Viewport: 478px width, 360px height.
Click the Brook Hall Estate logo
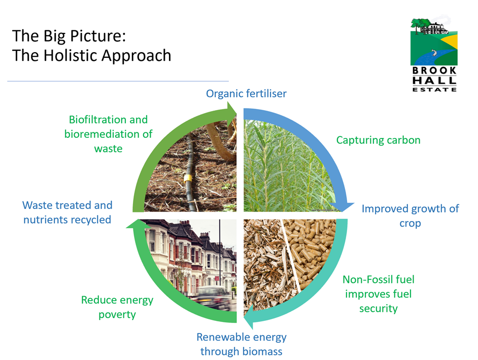click(x=434, y=54)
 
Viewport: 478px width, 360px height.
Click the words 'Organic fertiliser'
click(x=246, y=93)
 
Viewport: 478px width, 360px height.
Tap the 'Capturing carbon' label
click(x=378, y=140)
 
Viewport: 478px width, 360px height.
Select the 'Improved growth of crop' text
click(x=410, y=215)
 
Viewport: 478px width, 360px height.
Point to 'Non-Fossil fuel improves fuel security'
click(x=378, y=294)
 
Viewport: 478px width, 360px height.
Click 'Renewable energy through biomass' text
click(x=242, y=344)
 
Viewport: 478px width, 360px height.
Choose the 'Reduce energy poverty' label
click(x=117, y=307)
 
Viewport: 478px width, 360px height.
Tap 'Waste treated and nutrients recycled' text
click(x=67, y=212)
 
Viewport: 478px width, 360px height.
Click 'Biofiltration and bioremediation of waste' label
click(x=108, y=134)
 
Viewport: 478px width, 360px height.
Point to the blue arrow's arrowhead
click(x=347, y=206)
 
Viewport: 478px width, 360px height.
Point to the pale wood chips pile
click(x=264, y=269)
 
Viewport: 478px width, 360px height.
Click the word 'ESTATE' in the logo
click(x=434, y=89)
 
